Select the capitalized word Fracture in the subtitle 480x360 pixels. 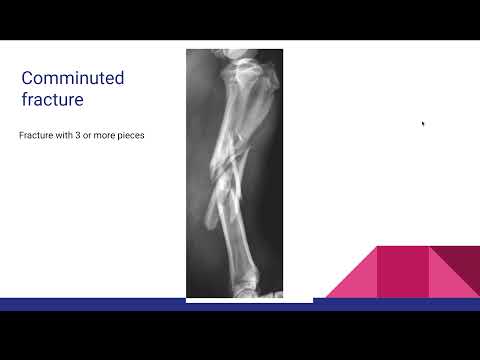coord(35,134)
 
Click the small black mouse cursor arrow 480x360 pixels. coord(423,123)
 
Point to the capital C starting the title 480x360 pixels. coord(29,78)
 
